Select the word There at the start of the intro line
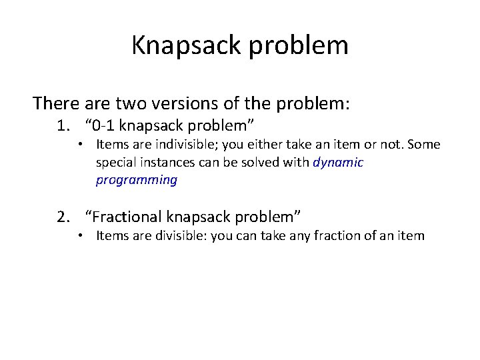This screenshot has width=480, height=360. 57,103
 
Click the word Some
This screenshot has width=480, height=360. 425,144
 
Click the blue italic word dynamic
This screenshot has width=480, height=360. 338,162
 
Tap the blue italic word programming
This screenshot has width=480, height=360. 137,180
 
